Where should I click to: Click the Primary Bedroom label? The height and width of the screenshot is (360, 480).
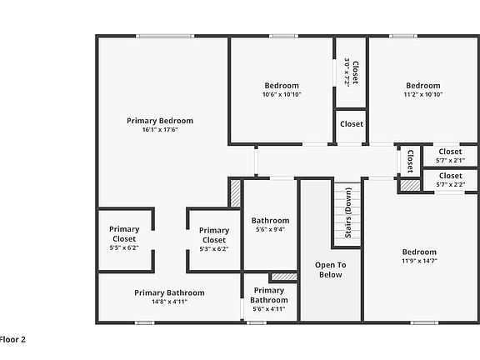(x=160, y=121)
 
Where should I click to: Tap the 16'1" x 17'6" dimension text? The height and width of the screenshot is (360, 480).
(x=160, y=129)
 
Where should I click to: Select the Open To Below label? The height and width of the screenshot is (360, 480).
(x=331, y=270)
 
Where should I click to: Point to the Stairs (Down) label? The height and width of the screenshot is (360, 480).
(x=348, y=212)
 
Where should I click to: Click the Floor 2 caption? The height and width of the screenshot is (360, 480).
(x=12, y=339)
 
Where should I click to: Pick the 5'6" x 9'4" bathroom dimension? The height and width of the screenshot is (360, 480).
(x=270, y=229)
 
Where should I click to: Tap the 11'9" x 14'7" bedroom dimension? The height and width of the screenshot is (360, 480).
(x=419, y=261)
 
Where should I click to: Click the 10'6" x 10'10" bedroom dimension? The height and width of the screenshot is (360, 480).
(x=282, y=94)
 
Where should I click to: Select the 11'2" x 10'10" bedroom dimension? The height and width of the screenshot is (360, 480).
(x=423, y=94)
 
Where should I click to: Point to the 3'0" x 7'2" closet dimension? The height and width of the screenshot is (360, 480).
(x=347, y=72)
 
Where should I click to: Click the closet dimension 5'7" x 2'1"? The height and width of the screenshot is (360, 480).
(x=450, y=160)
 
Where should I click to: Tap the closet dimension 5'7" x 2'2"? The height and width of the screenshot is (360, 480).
(x=451, y=185)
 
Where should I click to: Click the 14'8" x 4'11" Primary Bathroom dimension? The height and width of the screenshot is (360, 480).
(x=170, y=302)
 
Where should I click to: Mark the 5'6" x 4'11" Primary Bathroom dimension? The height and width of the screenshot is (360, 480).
(x=269, y=309)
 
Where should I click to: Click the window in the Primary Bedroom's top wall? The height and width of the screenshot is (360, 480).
(x=165, y=36)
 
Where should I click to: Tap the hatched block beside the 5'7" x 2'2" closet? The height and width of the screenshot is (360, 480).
(x=410, y=186)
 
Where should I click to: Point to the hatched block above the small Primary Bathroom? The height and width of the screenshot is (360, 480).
(x=284, y=277)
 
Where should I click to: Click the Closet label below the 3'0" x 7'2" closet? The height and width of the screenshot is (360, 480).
(x=352, y=124)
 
